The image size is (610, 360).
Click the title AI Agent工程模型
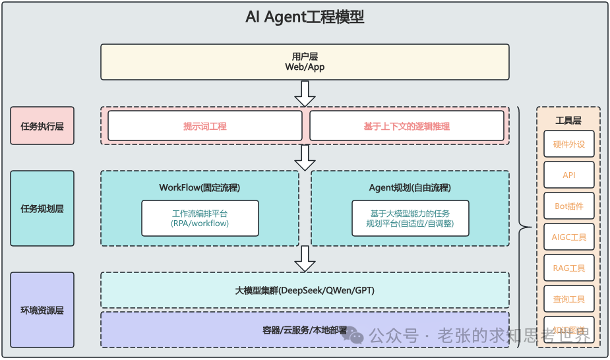[305, 17]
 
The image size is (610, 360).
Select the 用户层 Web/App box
[305, 62]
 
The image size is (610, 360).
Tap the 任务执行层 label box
[42, 125]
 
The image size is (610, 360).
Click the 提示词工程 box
[204, 125]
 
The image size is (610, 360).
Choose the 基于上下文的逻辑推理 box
[406, 125]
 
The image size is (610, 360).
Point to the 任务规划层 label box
[42, 208]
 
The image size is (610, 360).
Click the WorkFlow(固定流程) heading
[200, 187]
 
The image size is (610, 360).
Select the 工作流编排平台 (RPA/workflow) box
[200, 218]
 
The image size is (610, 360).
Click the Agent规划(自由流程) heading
[410, 187]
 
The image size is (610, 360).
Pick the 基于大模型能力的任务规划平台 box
[410, 218]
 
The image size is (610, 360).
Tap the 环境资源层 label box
[42, 310]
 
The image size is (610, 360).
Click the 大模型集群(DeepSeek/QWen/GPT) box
[305, 290]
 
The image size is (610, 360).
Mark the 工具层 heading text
[568, 120]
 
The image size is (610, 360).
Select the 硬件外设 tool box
[568, 144]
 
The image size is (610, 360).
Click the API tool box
[568, 175]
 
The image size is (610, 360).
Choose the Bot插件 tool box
[568, 206]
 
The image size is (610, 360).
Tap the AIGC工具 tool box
[568, 237]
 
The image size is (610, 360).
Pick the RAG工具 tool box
[568, 268]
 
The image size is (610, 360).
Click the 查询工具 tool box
[568, 299]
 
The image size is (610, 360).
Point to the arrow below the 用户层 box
[305, 93]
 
